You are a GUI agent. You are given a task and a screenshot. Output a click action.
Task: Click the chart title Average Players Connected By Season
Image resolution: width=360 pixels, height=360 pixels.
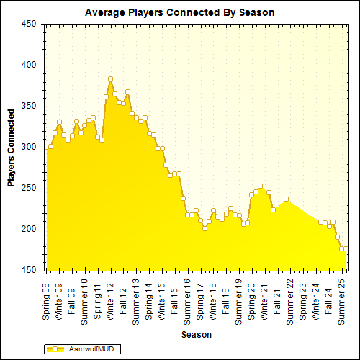(x=179, y=12)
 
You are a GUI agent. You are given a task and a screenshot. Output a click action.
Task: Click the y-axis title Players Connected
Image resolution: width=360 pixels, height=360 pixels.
(x=12, y=148)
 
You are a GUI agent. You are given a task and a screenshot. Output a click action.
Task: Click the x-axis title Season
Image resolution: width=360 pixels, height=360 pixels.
(x=196, y=334)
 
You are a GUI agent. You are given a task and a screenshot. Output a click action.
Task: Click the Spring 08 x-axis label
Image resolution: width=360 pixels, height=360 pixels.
(x=46, y=301)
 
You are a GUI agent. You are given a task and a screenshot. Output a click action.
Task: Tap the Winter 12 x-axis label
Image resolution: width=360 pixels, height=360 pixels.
(x=110, y=301)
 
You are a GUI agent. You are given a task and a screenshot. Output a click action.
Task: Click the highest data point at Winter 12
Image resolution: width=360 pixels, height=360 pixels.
(x=110, y=79)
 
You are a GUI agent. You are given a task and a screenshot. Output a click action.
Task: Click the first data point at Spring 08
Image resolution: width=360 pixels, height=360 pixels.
(x=50, y=146)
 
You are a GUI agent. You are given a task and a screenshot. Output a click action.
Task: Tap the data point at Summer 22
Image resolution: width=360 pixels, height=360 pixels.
(x=286, y=199)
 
